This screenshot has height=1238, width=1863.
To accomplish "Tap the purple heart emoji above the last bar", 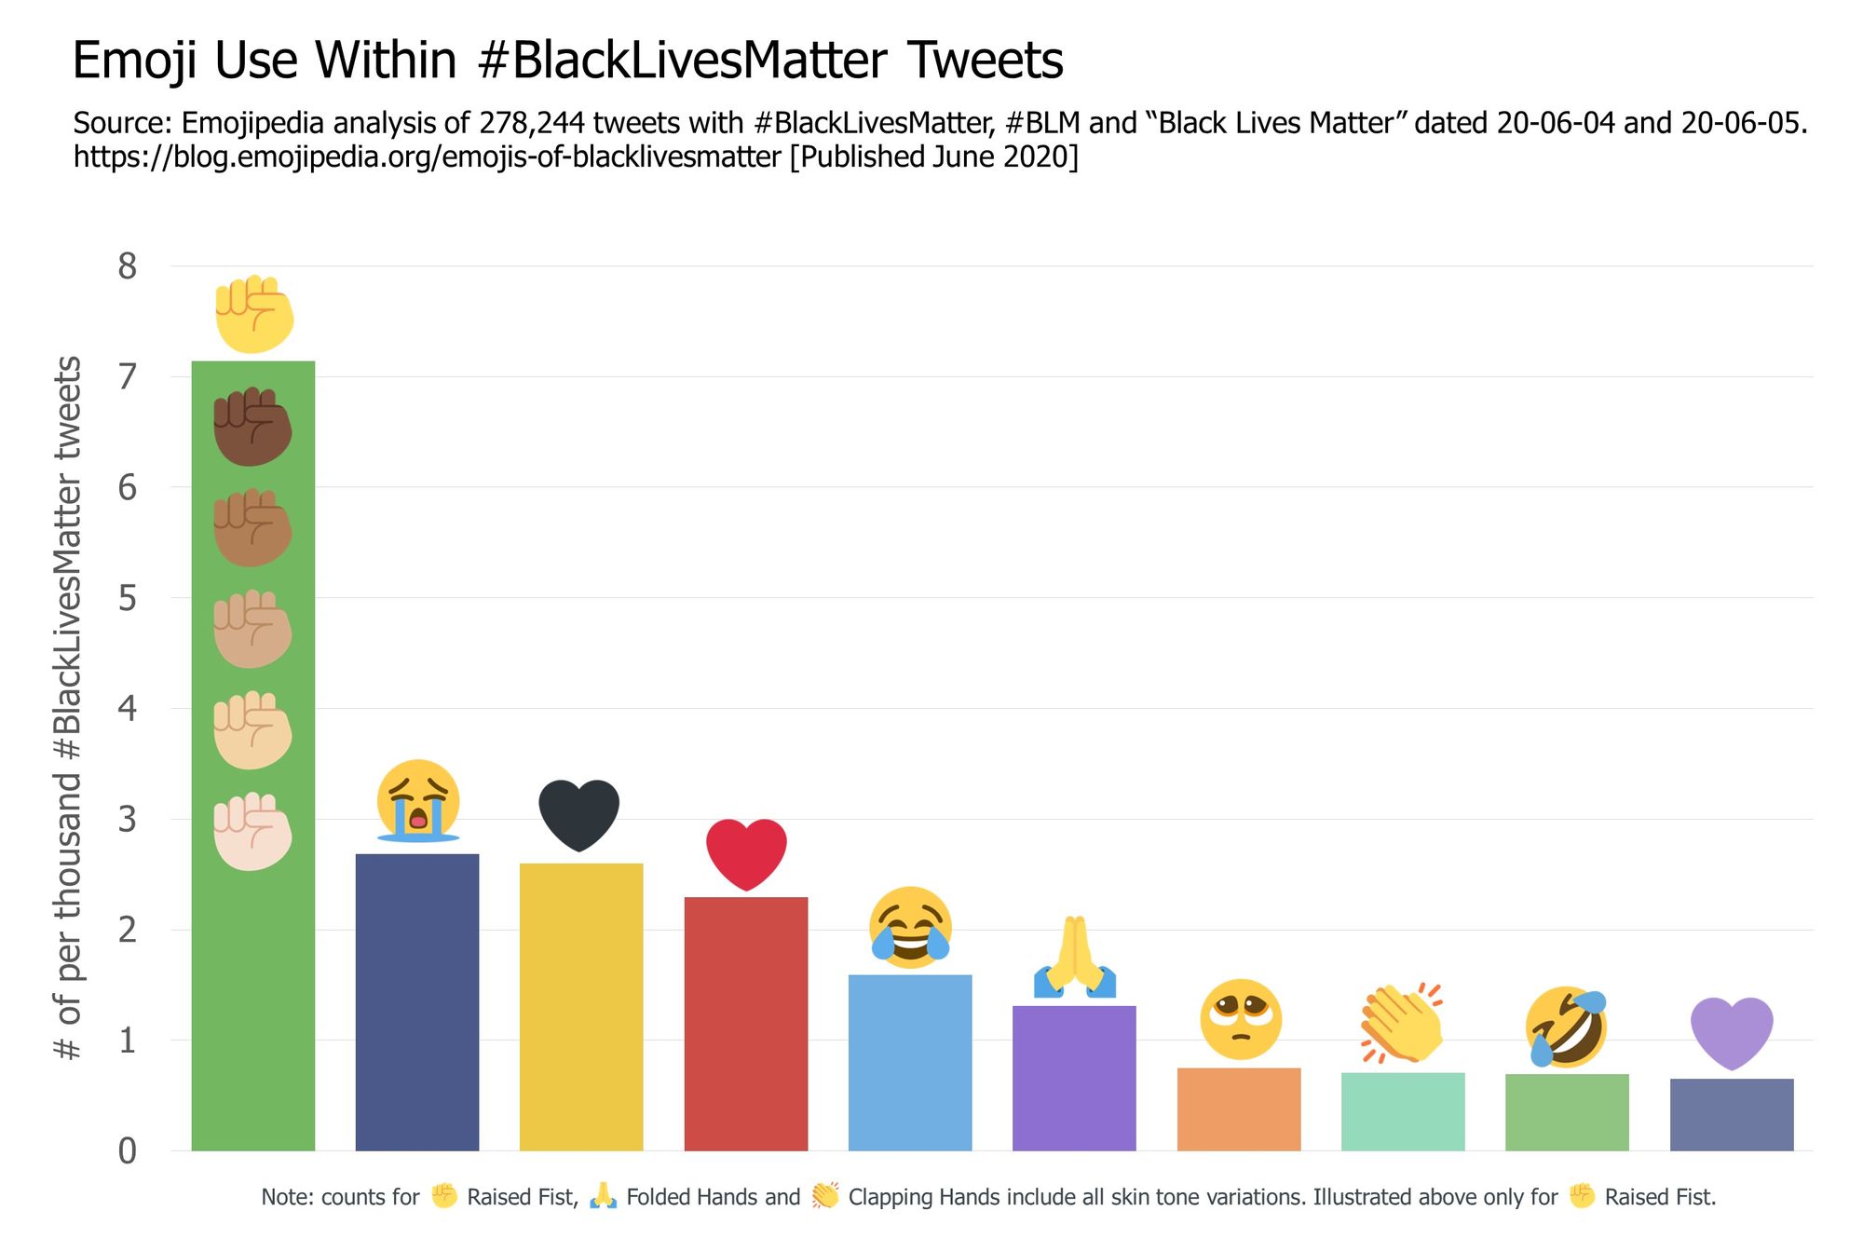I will [x=1731, y=1032].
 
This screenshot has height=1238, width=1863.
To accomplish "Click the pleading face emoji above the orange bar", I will [x=1240, y=1019].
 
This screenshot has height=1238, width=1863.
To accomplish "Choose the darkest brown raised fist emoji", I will [x=252, y=427].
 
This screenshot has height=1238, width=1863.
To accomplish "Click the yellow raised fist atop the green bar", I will [x=253, y=314].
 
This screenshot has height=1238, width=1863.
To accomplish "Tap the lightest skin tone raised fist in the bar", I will [x=252, y=831].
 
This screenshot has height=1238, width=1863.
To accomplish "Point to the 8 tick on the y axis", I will [x=128, y=266].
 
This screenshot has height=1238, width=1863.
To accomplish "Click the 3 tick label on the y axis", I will [x=128, y=819].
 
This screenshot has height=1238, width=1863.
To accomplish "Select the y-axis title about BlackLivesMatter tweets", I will [x=67, y=708].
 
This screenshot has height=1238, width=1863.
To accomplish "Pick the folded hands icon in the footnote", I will [x=603, y=1195].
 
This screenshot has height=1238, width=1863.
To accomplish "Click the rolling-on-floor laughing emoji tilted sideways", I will [x=1566, y=1027].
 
